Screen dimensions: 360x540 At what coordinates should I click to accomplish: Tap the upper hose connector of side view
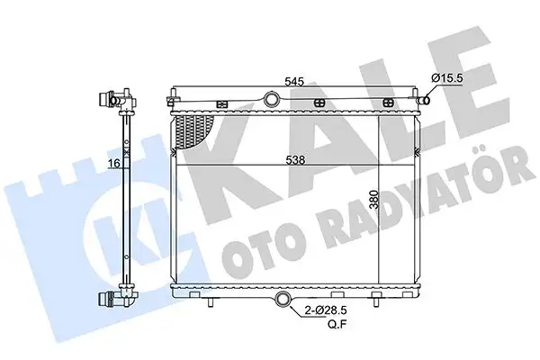coord(118,98)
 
